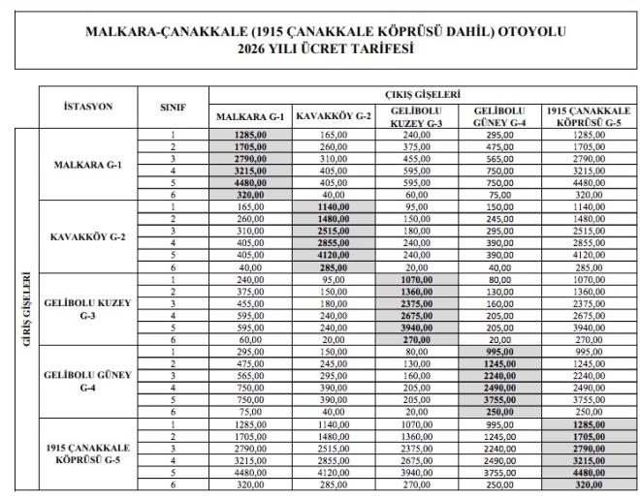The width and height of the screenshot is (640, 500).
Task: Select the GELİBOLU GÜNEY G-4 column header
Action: click(501, 116)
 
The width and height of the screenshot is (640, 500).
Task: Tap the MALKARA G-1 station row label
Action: click(84, 165)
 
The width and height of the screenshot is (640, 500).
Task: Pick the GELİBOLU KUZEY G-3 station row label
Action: click(84, 309)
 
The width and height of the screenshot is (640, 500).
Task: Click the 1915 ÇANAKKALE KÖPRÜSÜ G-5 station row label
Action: click(84, 453)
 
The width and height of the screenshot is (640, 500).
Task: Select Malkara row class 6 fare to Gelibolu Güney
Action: click(501, 194)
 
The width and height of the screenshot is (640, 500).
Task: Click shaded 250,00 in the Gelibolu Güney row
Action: click(501, 411)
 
